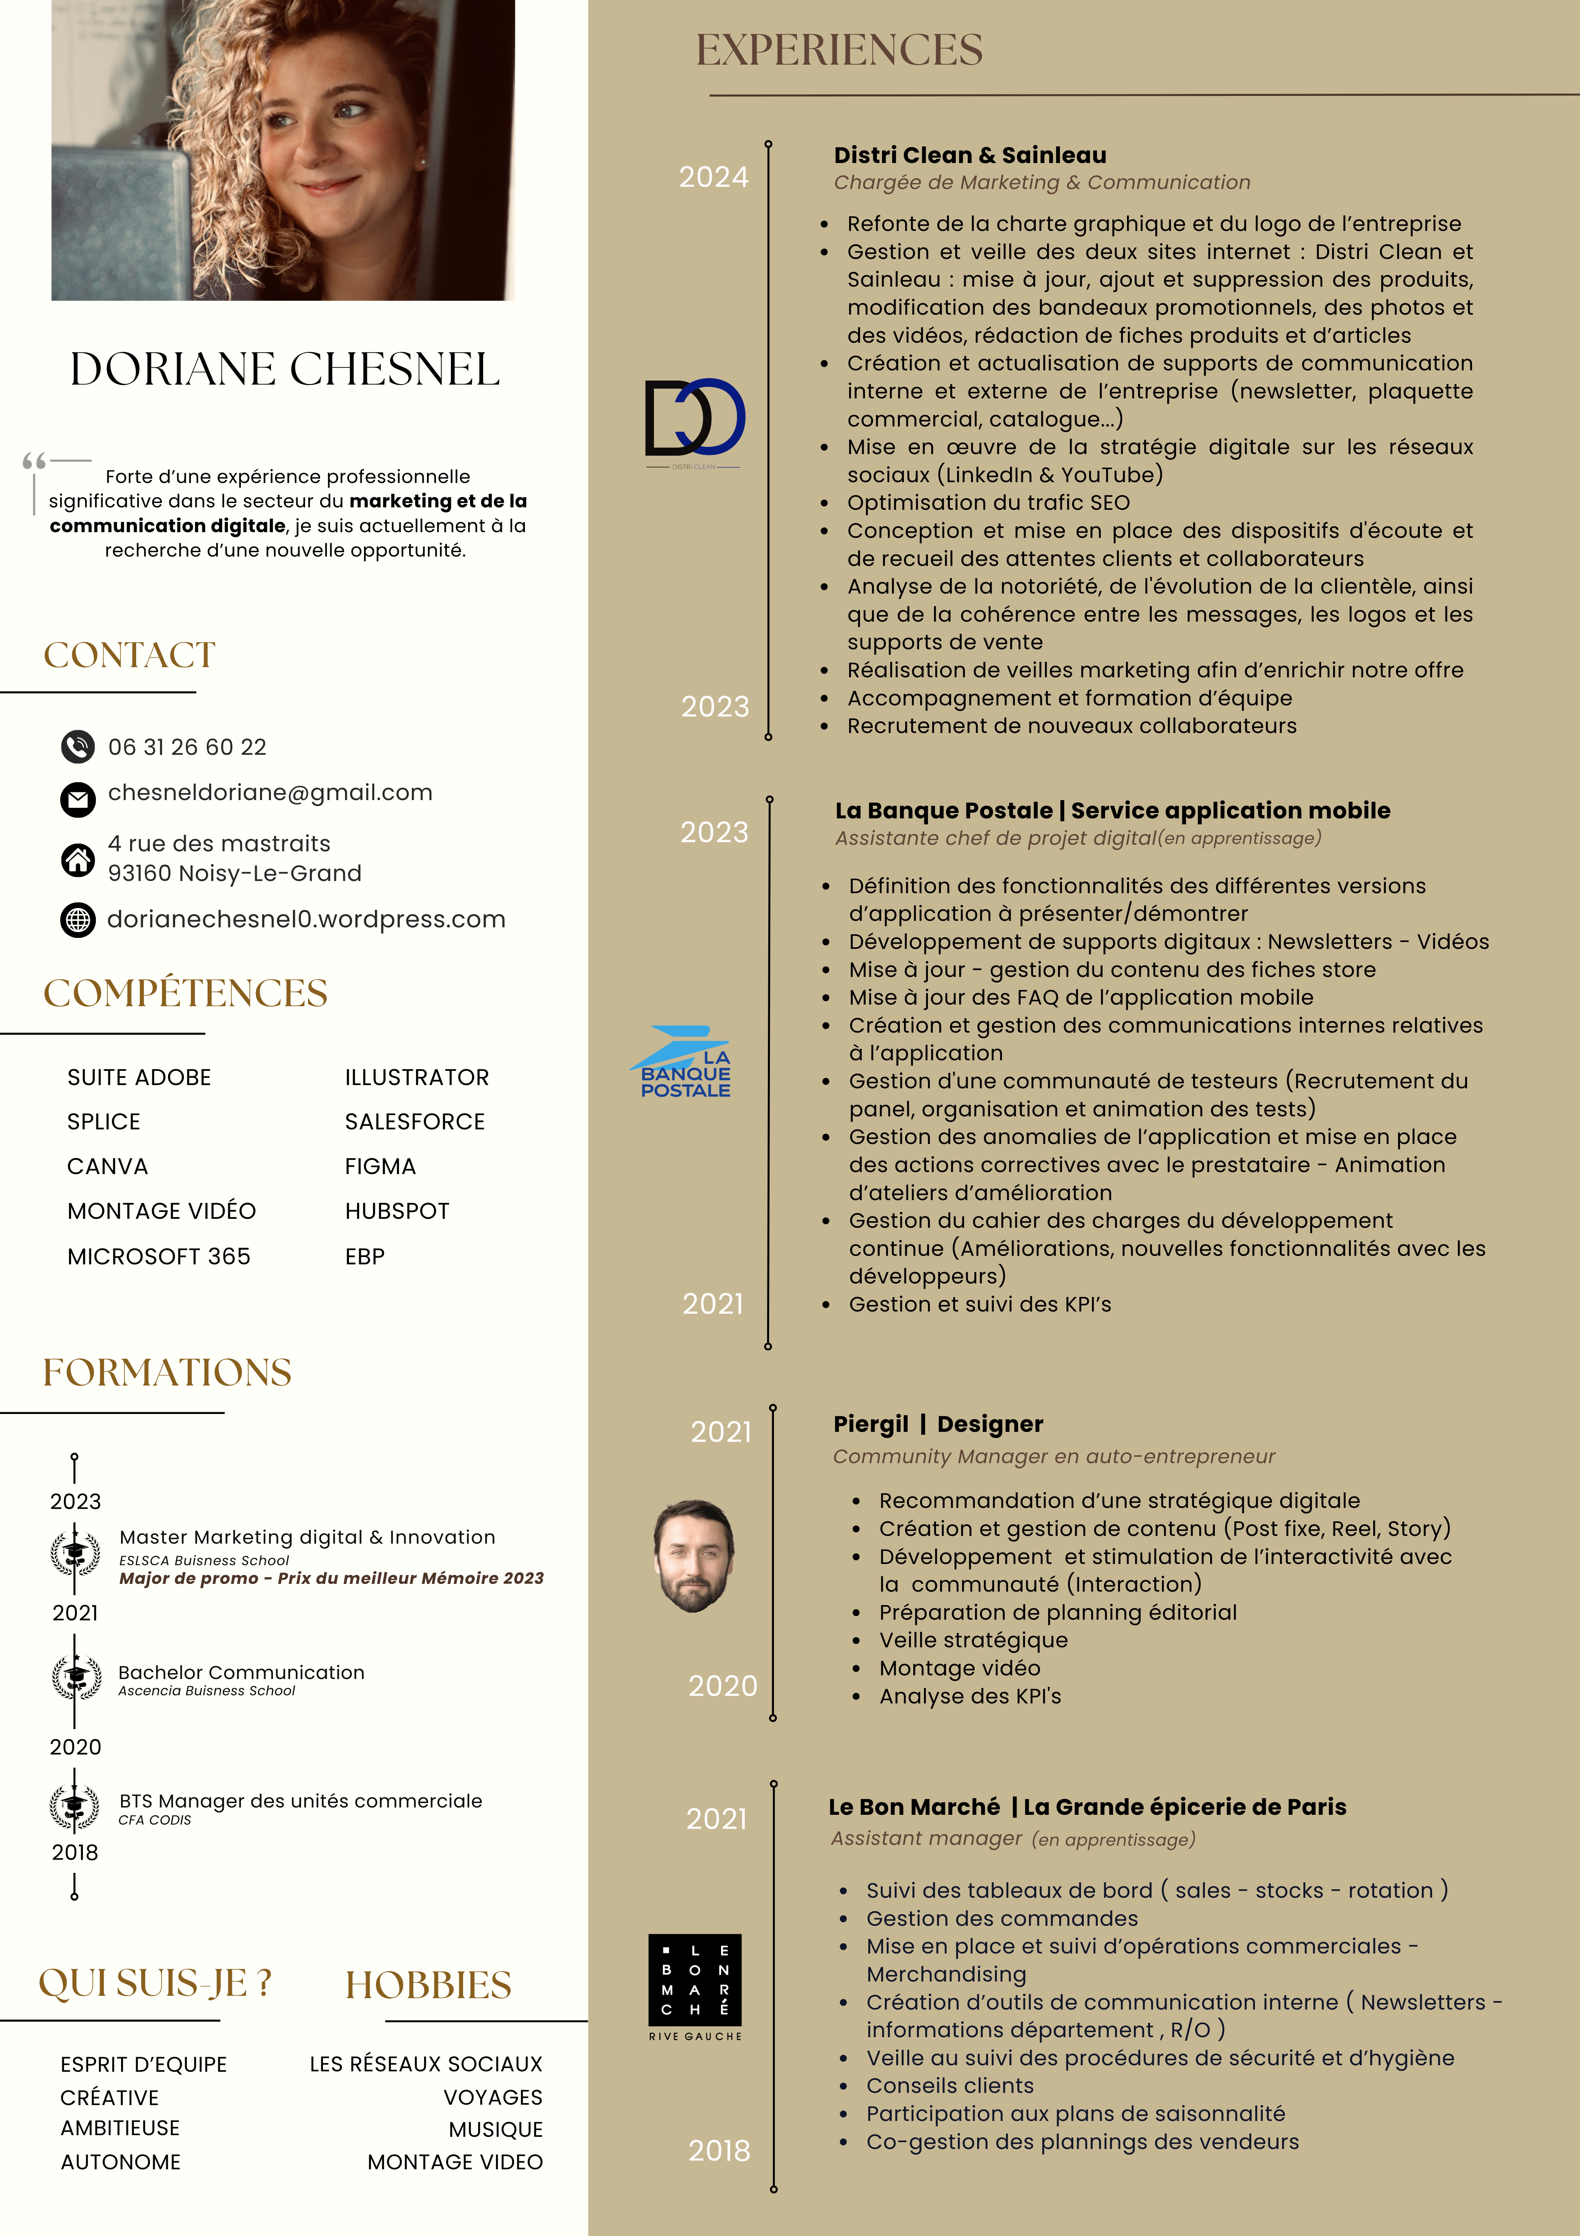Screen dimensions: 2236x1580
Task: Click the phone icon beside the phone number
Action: (x=78, y=747)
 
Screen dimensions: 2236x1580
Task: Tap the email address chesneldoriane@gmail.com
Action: (x=270, y=793)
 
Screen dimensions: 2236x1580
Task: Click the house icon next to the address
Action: (x=78, y=859)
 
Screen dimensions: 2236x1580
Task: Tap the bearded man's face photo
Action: (x=694, y=1555)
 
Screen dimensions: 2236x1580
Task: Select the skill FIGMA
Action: (x=380, y=1167)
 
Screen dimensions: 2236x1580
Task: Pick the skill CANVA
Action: (x=107, y=1167)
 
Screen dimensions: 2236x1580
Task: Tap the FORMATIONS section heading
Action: (x=167, y=1372)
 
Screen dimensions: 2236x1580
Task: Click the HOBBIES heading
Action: (x=428, y=1985)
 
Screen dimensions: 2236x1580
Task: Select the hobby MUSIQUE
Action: (x=496, y=2130)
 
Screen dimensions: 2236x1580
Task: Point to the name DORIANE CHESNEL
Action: (x=284, y=369)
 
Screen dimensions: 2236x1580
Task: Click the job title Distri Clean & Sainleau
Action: (x=970, y=155)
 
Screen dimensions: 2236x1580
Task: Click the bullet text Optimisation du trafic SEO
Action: (x=988, y=502)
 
